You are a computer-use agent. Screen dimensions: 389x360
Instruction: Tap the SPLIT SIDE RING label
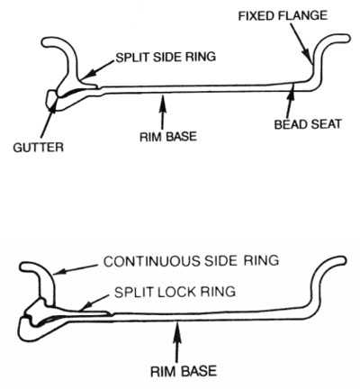(x=166, y=57)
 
